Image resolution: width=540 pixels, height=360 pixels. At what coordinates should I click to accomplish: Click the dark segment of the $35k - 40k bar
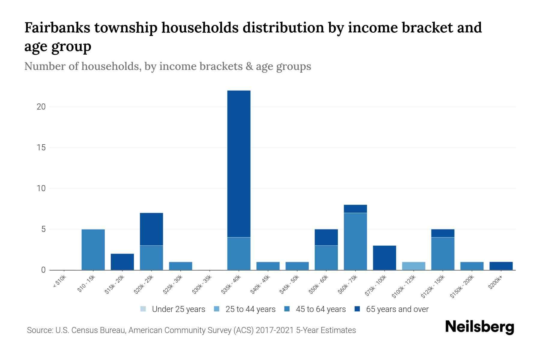click(x=239, y=163)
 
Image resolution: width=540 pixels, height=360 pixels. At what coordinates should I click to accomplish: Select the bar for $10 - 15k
click(x=93, y=250)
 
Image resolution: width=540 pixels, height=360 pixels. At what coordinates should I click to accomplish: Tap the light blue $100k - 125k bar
click(x=413, y=266)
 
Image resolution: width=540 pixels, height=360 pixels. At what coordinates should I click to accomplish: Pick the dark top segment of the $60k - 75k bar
click(x=355, y=209)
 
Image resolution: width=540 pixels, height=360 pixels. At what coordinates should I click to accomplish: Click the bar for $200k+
click(x=501, y=266)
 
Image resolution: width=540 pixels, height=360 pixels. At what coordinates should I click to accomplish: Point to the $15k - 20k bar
click(x=122, y=262)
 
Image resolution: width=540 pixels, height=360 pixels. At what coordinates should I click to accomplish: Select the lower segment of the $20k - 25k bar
click(x=151, y=258)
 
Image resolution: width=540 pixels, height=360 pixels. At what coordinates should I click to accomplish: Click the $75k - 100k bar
click(x=384, y=258)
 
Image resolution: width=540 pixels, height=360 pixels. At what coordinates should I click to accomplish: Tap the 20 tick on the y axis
click(x=41, y=107)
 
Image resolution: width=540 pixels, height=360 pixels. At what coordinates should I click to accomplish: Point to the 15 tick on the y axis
click(x=41, y=148)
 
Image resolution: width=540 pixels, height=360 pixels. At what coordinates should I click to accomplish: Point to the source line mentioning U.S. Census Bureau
click(x=191, y=330)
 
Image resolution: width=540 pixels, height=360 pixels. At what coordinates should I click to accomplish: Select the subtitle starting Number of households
click(x=167, y=66)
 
